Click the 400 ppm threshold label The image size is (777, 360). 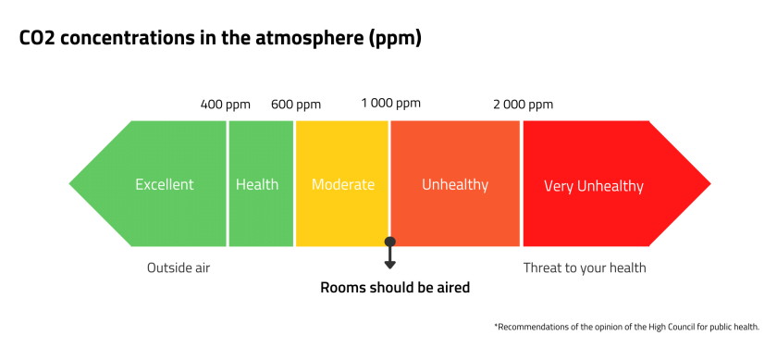[225, 105]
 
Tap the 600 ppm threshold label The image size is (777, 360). [296, 105]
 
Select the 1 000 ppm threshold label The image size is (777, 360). [390, 103]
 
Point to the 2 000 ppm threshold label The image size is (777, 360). [523, 104]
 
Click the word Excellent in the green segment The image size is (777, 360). [165, 184]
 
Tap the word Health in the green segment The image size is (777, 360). [257, 184]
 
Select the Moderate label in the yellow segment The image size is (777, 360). [343, 184]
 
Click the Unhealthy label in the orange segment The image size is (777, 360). [455, 184]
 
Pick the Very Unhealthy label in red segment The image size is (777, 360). [593, 186]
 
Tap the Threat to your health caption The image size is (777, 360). [585, 268]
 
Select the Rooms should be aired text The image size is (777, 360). [395, 288]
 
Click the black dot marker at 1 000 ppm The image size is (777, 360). [390, 242]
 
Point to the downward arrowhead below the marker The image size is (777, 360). [390, 265]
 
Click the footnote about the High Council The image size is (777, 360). [626, 327]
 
